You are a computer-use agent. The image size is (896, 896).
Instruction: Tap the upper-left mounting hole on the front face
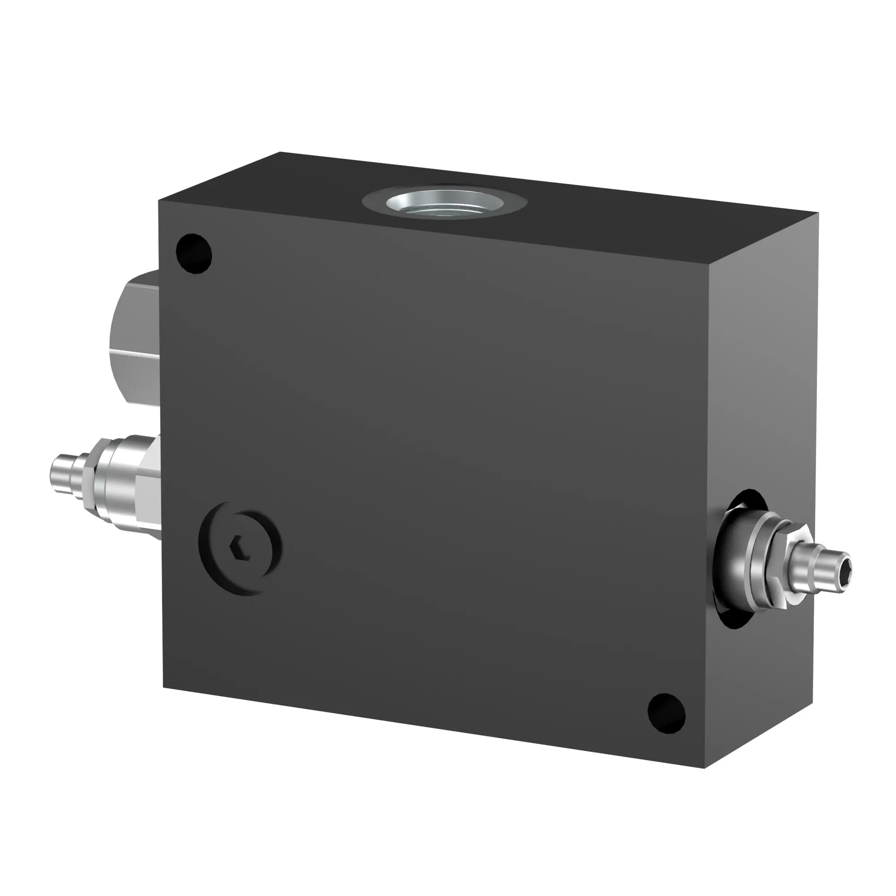pos(194,254)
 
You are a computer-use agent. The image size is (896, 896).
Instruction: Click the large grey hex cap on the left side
pos(134,339)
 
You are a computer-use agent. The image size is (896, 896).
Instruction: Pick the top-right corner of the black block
pos(818,213)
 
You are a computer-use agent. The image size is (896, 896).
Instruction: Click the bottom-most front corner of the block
pos(704,768)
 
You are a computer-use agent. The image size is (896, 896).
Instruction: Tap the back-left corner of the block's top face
pos(280,152)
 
